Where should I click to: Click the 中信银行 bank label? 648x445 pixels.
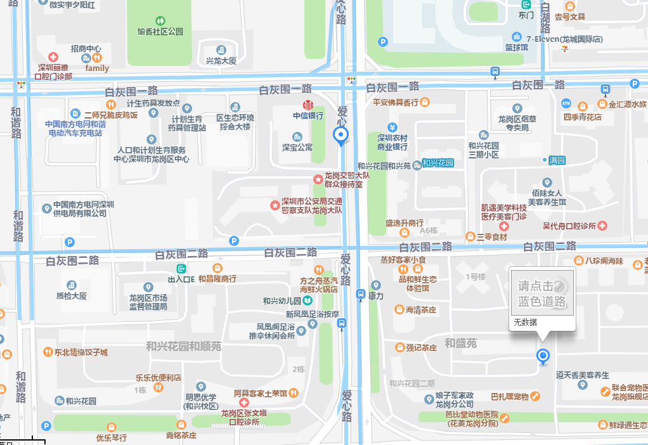pyautogui.click(x=308, y=116)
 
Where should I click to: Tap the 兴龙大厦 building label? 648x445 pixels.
pyautogui.click(x=221, y=61)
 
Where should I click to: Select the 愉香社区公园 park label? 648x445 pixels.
pyautogui.click(x=160, y=31)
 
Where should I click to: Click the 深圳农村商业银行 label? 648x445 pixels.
pyautogui.click(x=392, y=142)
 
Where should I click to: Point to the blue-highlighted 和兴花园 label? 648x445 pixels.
pyautogui.click(x=438, y=163)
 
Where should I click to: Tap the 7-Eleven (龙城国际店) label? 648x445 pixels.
pyautogui.click(x=564, y=39)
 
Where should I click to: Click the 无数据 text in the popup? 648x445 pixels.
pyautogui.click(x=525, y=322)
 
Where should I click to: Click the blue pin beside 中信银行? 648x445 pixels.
pyautogui.click(x=341, y=135)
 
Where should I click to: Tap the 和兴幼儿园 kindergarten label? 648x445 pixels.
pyautogui.click(x=282, y=301)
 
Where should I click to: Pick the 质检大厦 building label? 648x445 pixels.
pyautogui.click(x=71, y=295)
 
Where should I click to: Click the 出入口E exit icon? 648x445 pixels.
pyautogui.click(x=181, y=269)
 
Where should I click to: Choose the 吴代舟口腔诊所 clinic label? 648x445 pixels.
pyautogui.click(x=570, y=226)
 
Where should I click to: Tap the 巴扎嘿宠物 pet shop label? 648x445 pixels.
pyautogui.click(x=510, y=397)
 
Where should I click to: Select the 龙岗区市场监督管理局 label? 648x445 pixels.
pyautogui.click(x=148, y=302)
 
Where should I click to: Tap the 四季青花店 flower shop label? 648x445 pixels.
pyautogui.click(x=582, y=117)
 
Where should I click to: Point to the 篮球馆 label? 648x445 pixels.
pyautogui.click(x=516, y=47)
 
